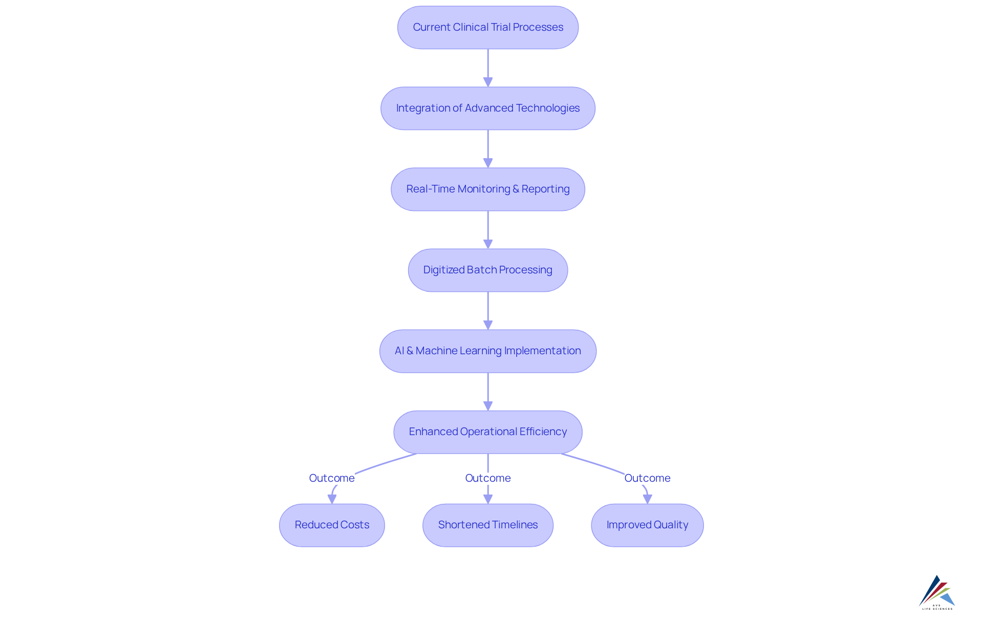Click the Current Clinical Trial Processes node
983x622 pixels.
488,28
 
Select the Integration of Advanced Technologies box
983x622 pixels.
488,109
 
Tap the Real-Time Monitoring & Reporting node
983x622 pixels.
488,189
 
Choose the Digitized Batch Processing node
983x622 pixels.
488,270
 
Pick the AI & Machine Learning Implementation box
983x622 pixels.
488,351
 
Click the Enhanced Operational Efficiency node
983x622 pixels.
488,432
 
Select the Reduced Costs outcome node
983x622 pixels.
332,525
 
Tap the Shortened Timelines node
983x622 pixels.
488,525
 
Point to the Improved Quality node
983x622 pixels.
647,525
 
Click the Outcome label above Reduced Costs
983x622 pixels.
332,478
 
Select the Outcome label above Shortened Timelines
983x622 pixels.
488,478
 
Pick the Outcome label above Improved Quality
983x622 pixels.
647,478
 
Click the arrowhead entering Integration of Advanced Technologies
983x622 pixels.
488,82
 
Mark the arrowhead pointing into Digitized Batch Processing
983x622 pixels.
488,244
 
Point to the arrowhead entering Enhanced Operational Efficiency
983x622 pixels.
488,405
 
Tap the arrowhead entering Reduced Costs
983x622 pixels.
332,499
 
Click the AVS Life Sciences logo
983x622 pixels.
937,592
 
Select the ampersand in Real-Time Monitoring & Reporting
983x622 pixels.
516,189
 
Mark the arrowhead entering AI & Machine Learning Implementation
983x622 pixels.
488,325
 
